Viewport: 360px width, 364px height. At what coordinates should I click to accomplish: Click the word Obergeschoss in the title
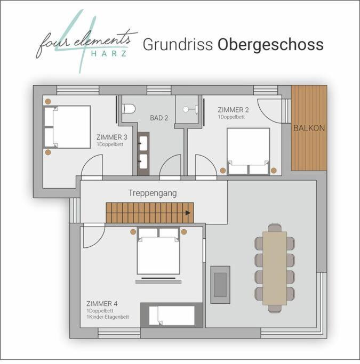click(270, 45)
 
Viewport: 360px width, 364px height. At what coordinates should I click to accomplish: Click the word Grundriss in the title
click(178, 44)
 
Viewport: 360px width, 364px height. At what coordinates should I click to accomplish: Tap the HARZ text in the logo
click(109, 54)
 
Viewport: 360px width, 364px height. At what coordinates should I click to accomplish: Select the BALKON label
click(309, 128)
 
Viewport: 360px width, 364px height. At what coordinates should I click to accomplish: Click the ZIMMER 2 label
click(233, 110)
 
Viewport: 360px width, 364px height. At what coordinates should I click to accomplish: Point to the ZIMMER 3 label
click(112, 137)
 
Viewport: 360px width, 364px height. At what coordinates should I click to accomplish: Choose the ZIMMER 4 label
click(102, 303)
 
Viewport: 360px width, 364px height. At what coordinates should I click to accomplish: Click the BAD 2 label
click(159, 118)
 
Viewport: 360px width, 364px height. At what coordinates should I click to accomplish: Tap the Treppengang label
click(153, 193)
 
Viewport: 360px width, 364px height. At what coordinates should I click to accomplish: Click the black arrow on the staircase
click(188, 213)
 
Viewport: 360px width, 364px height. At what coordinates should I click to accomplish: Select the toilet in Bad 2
click(129, 109)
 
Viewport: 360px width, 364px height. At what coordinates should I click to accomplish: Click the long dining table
click(275, 268)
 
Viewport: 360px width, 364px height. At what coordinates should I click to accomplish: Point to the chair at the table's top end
click(275, 228)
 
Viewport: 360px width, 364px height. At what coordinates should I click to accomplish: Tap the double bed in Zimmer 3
click(67, 127)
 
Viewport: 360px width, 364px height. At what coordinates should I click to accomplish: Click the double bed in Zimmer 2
click(249, 151)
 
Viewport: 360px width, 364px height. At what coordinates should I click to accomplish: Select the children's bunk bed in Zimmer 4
click(171, 316)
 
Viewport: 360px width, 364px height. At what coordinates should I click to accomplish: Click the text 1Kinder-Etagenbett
click(108, 317)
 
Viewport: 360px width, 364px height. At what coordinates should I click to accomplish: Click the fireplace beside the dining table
click(220, 285)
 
